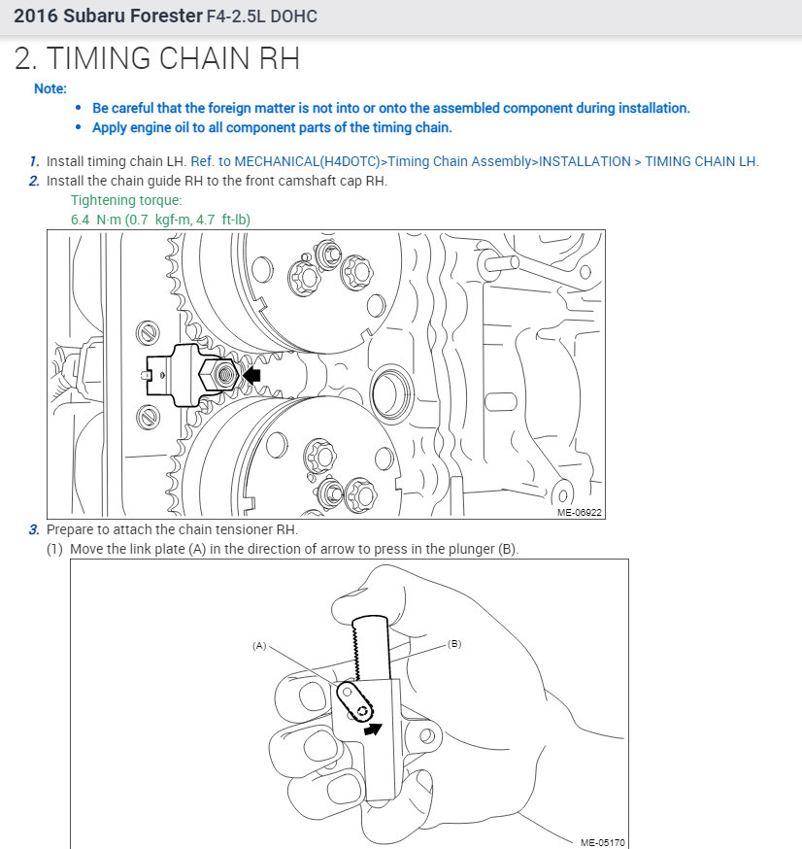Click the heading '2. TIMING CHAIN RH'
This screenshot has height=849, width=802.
coord(157,58)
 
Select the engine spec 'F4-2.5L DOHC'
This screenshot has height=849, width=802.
coord(261,17)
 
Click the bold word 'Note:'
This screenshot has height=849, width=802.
coord(50,88)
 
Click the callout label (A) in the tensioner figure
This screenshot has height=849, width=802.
coord(259,645)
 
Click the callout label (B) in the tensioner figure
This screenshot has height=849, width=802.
coord(453,643)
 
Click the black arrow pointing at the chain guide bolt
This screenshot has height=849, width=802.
coord(252,374)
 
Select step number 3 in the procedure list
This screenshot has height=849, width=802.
coord(34,529)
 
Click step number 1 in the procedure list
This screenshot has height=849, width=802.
coord(34,161)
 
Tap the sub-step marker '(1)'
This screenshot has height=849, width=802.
coord(57,549)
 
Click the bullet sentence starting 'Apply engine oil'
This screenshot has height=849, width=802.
coord(272,127)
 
